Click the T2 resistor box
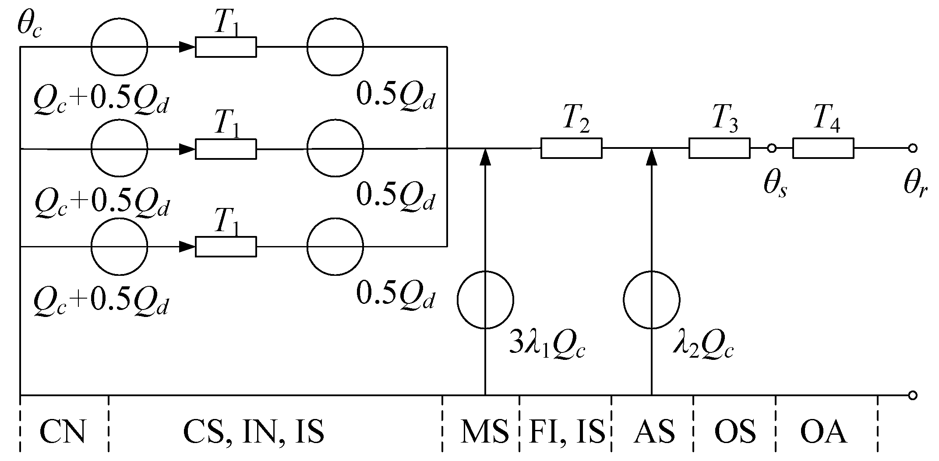[571, 148]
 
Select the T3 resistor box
[719, 148]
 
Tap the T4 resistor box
[823, 148]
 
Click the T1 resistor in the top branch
[226, 47]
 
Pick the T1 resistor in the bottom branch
[226, 247]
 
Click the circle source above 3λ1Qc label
[485, 300]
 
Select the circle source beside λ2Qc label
[651, 300]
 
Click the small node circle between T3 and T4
[771, 149]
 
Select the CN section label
[62, 432]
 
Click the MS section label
[484, 432]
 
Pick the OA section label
[823, 432]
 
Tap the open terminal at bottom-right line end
[912, 396]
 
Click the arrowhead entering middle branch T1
[187, 149]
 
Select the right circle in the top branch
[335, 46]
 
